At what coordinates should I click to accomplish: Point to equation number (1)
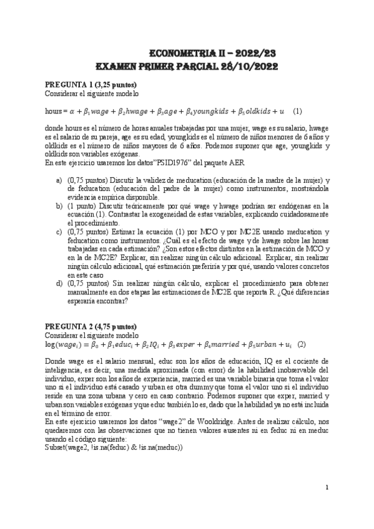point(297,111)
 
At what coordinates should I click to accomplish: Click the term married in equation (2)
point(210,344)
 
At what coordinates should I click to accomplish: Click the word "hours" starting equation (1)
point(54,111)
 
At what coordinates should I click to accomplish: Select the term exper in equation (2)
point(168,344)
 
